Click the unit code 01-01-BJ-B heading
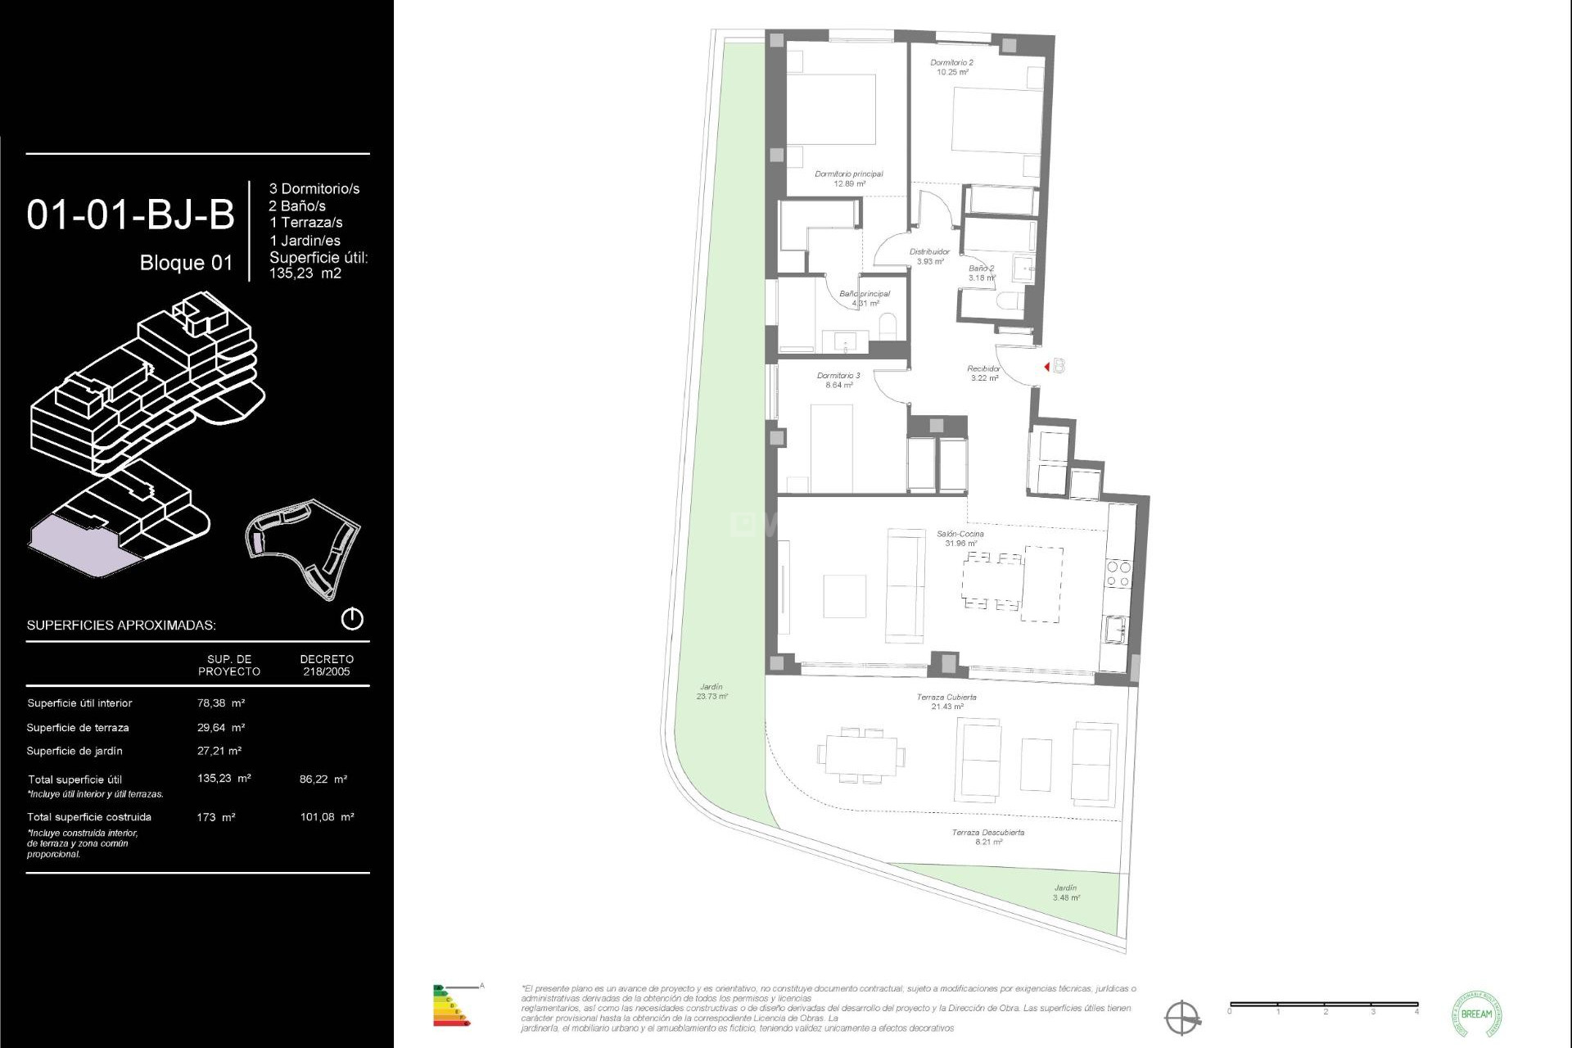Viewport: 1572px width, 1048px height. point(131,215)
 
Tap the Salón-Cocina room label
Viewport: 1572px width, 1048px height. point(960,538)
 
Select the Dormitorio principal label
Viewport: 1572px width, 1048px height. point(849,178)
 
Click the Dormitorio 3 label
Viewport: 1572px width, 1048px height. point(838,380)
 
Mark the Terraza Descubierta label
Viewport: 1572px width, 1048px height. point(988,837)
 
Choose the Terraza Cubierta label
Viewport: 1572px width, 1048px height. point(946,702)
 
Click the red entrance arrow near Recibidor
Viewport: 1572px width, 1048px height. point(1047,367)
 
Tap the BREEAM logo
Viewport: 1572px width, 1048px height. point(1476,1014)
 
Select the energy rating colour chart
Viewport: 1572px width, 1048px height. point(451,1006)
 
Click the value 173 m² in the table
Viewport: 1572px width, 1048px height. point(216,817)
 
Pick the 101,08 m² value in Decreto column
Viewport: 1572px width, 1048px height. point(327,817)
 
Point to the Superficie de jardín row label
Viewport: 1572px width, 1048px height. point(75,751)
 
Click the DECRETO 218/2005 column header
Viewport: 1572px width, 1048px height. point(327,665)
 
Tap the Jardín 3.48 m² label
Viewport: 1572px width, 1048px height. point(1066,892)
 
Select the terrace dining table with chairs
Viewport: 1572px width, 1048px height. point(861,755)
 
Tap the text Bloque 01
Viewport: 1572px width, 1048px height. point(186,263)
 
